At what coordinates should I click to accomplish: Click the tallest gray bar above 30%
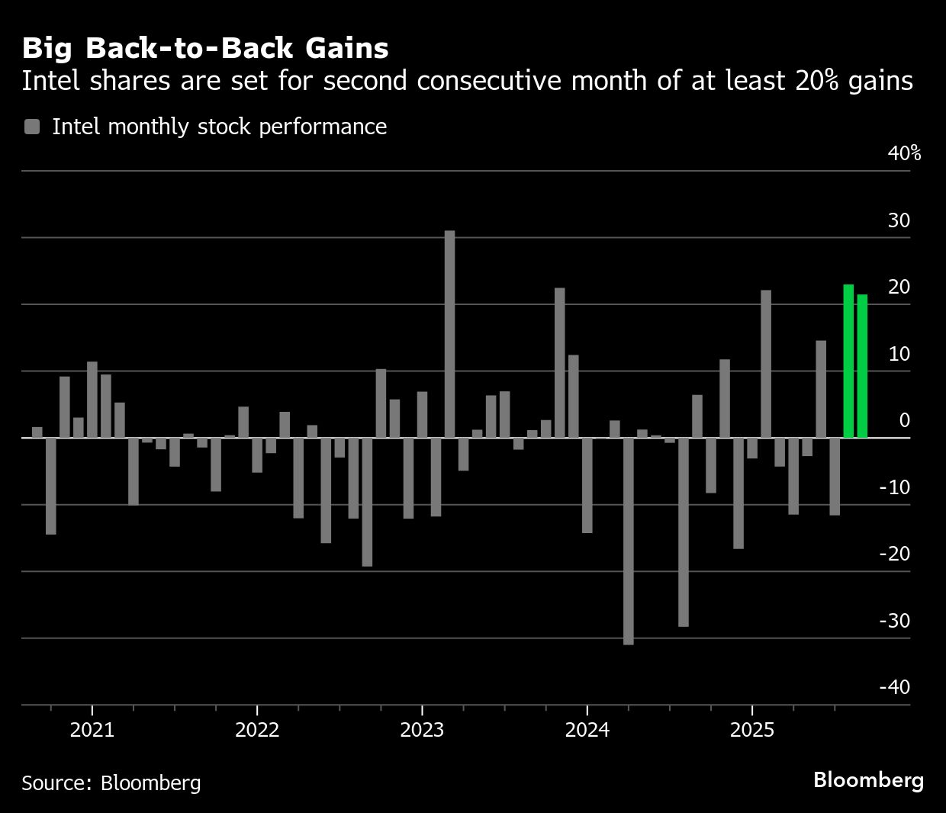tap(449, 333)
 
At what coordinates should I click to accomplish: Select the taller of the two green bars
tap(848, 361)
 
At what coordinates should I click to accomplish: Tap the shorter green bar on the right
tap(862, 366)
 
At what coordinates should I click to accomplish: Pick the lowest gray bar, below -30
tap(628, 541)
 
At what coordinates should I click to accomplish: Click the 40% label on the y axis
tap(904, 153)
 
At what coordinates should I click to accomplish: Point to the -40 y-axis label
tap(895, 687)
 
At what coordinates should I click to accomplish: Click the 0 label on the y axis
tap(905, 420)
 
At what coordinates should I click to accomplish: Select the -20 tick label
tap(895, 554)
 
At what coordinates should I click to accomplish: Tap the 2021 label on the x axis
tap(92, 730)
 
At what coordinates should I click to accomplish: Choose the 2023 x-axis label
tap(422, 730)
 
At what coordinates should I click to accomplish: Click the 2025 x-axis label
tap(751, 730)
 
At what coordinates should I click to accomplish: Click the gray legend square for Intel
tap(32, 127)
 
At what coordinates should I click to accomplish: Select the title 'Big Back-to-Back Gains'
tap(205, 48)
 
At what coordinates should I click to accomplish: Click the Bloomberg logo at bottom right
tap(868, 779)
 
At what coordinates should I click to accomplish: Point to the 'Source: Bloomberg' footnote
tap(111, 782)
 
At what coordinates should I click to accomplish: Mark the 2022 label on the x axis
tap(257, 730)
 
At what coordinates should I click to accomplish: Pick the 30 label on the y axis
tap(899, 220)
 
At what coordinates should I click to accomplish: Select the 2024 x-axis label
tap(587, 730)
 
